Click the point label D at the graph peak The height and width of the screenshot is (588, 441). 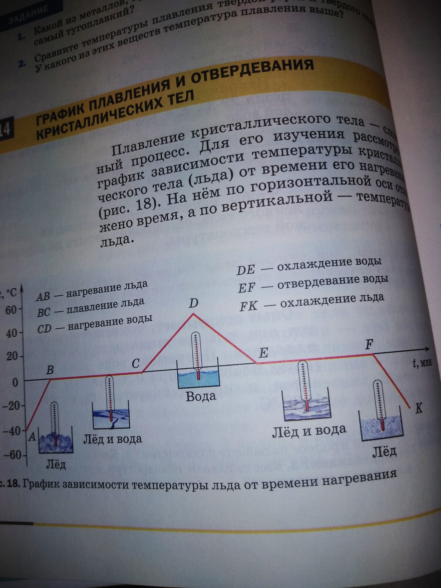pos(193,303)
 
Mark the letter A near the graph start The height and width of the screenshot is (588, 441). pos(32,436)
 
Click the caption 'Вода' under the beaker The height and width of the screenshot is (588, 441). pos(201,397)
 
